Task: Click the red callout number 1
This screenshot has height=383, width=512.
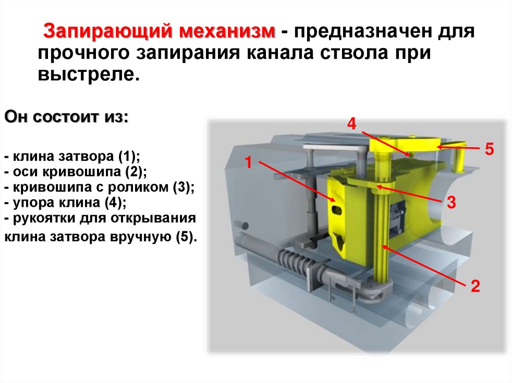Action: (247, 162)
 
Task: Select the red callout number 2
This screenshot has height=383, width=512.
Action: (474, 286)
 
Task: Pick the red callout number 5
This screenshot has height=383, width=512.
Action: (489, 149)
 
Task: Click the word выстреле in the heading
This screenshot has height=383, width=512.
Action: (86, 75)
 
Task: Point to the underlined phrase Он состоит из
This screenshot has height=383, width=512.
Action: (66, 119)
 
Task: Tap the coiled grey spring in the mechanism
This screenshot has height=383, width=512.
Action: (294, 260)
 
